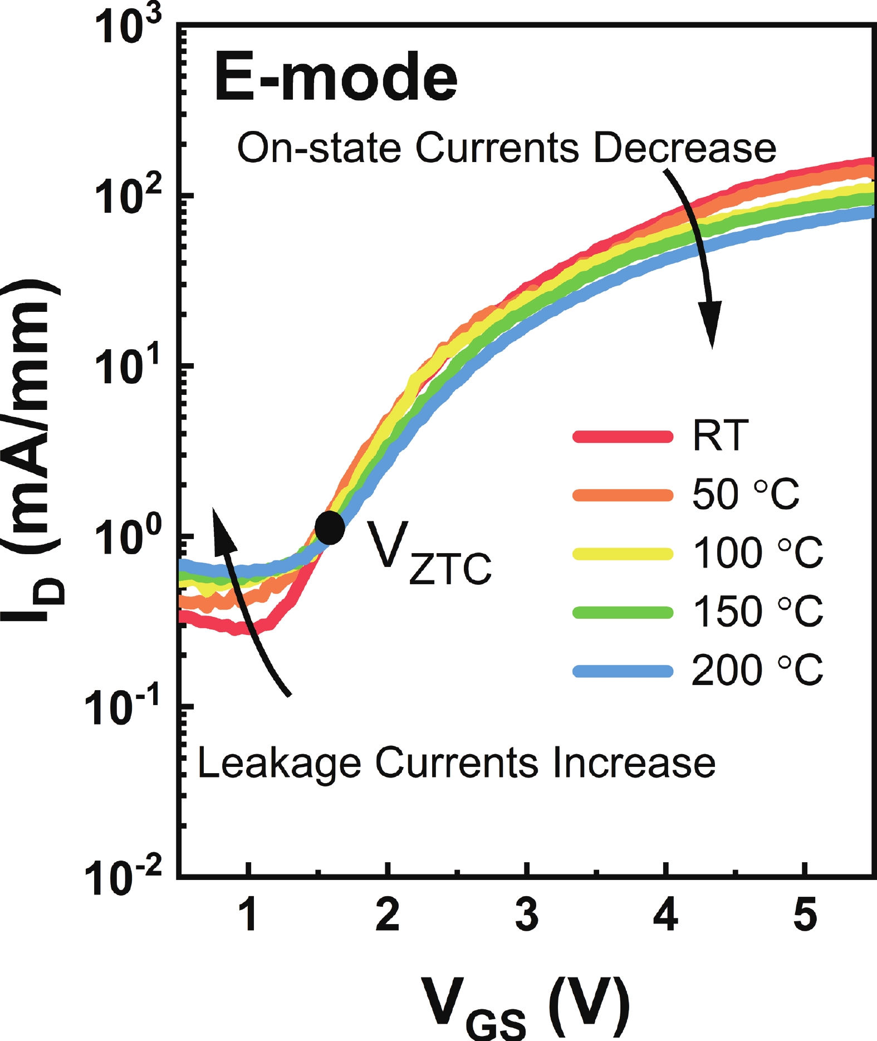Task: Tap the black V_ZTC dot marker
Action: click(330, 527)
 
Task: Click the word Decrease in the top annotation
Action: click(684, 148)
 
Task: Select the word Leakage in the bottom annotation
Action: click(279, 763)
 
